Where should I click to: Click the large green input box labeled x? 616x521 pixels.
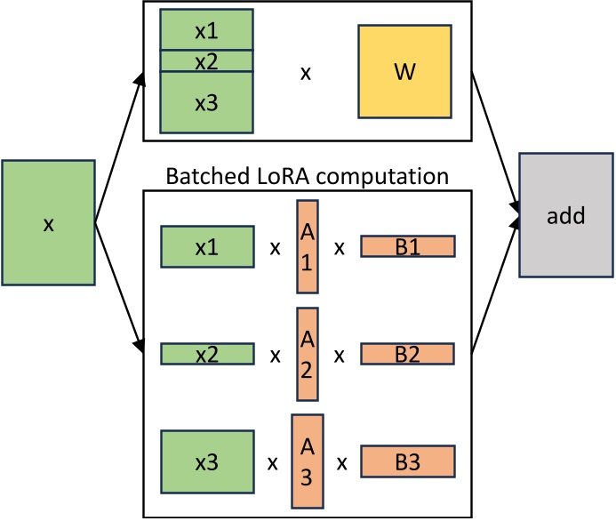click(49, 223)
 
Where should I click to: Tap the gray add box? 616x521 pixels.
click(566, 214)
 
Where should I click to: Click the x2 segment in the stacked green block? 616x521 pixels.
click(206, 60)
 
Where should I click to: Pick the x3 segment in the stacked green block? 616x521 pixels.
click(206, 101)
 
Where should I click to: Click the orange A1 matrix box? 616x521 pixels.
click(307, 246)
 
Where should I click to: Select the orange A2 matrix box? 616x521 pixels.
click(307, 355)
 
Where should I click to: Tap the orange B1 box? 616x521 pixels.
click(407, 246)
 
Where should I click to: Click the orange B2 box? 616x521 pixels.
click(407, 355)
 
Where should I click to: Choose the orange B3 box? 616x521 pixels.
click(407, 462)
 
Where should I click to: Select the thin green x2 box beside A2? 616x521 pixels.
click(206, 355)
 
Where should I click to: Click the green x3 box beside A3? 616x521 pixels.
click(206, 462)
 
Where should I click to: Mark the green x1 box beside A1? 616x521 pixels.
click(206, 246)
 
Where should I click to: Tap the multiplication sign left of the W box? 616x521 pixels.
click(305, 73)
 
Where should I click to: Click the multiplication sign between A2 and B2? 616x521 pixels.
click(339, 356)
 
